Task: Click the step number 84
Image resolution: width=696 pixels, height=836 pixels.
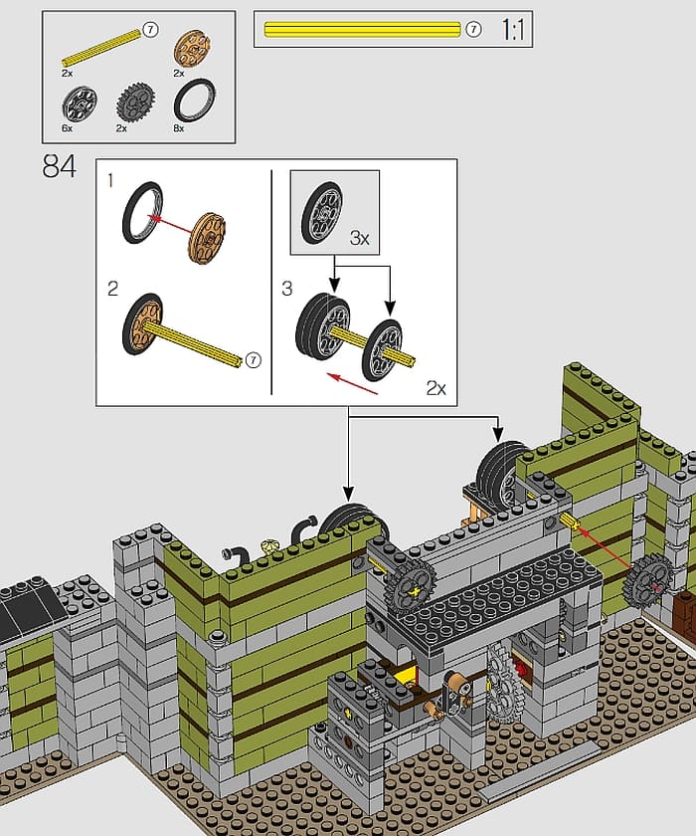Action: click(59, 166)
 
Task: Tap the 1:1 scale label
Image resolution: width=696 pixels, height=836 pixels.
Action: click(513, 29)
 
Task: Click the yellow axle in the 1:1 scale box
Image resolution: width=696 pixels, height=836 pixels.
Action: click(362, 29)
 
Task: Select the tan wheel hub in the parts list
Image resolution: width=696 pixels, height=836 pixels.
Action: click(192, 49)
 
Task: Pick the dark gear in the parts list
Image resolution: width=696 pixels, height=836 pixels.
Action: click(136, 102)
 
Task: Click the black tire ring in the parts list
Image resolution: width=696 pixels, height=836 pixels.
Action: click(195, 101)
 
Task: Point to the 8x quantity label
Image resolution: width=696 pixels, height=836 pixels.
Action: click(179, 128)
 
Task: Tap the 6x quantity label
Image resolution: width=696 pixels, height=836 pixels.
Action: click(67, 128)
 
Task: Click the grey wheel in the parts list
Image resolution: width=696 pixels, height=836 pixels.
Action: click(80, 103)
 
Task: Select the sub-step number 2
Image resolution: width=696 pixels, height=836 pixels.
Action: click(112, 289)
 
